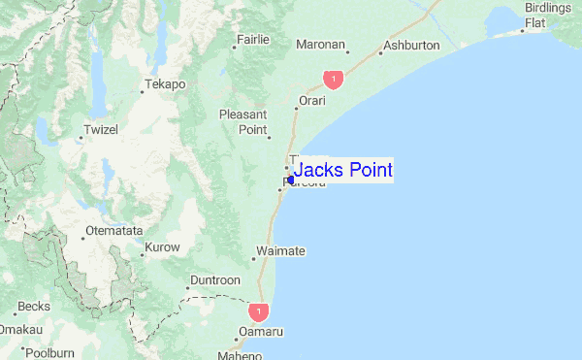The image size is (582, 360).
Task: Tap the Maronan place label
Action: pos(321,45)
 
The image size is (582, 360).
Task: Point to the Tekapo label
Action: pos(165,84)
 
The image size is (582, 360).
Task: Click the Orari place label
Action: pos(311,100)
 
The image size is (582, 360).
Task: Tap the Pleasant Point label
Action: pos(242,121)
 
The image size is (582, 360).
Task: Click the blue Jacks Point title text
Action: pos(342,171)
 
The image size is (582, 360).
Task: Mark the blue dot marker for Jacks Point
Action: pos(290,179)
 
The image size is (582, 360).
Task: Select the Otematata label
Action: pos(114,231)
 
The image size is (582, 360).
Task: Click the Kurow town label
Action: pos(161,247)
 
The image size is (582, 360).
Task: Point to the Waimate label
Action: pos(280,251)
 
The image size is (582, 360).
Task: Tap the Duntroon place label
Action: pos(214,280)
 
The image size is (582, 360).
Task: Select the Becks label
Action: pos(34,307)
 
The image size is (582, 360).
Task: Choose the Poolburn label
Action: pos(48,353)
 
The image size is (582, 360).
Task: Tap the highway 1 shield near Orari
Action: pos(334,78)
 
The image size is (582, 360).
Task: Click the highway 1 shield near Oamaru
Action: pos(258,311)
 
